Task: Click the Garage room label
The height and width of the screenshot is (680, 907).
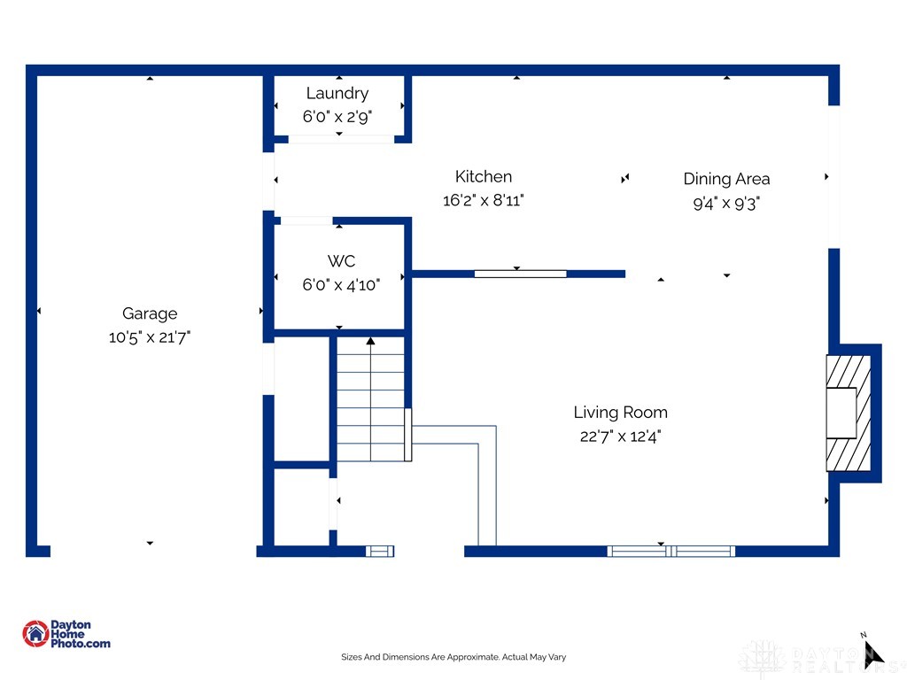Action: tap(150, 313)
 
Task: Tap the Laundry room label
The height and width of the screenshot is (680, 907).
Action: tap(337, 93)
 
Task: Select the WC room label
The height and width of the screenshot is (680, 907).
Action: tap(341, 261)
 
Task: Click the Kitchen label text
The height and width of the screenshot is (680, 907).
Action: tap(484, 176)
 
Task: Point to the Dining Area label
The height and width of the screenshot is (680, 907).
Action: tap(726, 179)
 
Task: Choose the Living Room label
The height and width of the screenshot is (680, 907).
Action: tap(620, 412)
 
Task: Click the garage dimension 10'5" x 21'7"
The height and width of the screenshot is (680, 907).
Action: tap(150, 337)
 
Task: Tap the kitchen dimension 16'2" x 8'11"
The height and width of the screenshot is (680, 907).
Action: tap(484, 200)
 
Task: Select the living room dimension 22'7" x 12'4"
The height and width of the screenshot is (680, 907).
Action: tap(620, 436)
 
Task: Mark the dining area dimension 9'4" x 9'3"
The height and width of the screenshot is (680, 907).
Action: tap(726, 203)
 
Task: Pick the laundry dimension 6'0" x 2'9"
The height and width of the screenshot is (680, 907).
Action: tap(337, 116)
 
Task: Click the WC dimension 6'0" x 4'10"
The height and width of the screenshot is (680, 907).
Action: tap(341, 285)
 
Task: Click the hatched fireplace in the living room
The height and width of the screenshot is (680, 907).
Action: tap(848, 413)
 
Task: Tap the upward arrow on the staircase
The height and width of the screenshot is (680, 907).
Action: tap(370, 342)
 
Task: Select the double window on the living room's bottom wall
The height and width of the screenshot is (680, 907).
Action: tap(671, 551)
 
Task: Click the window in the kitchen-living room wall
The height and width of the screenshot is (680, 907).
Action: tap(520, 274)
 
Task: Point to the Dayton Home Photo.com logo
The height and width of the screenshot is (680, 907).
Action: tap(66, 634)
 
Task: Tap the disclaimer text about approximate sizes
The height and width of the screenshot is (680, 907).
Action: tap(453, 657)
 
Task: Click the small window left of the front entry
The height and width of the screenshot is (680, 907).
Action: tap(380, 551)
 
